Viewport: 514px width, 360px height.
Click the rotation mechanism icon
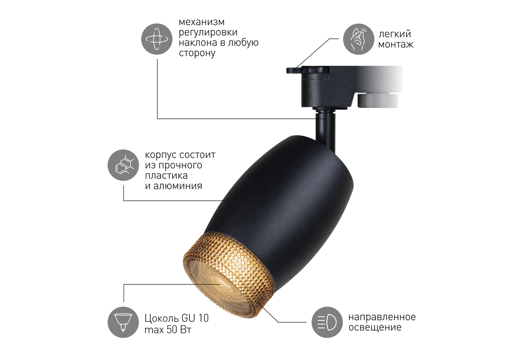(x=156, y=39)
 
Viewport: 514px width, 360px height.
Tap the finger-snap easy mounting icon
(x=358, y=39)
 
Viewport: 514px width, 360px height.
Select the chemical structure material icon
(x=123, y=165)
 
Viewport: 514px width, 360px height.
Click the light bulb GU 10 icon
(x=123, y=322)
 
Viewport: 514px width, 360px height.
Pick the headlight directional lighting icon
(x=327, y=322)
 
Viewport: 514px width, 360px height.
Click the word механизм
(x=201, y=22)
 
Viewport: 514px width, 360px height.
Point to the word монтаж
(x=396, y=44)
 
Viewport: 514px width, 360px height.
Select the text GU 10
(x=195, y=318)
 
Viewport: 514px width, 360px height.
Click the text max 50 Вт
(x=168, y=329)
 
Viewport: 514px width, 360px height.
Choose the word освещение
(x=375, y=328)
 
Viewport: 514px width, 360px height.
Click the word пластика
(x=166, y=175)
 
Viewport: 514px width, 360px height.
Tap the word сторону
(x=197, y=54)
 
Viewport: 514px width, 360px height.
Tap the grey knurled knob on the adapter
(x=378, y=100)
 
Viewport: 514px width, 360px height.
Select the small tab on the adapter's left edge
(x=294, y=70)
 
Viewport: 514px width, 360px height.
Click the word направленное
(x=382, y=317)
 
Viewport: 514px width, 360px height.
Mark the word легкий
(x=395, y=34)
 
